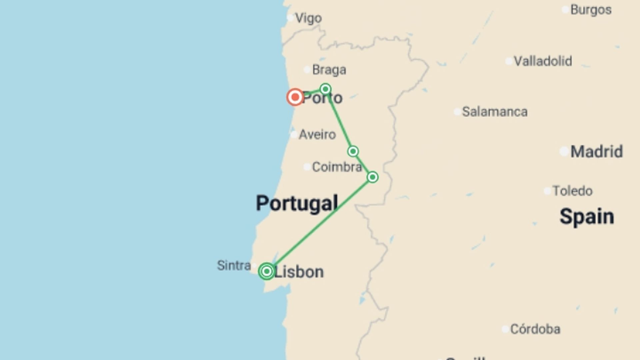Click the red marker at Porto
(295, 97)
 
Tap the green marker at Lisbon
(266, 271)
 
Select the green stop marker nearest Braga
(325, 89)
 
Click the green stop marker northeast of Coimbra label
(353, 151)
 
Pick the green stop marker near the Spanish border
(372, 177)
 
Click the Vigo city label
(308, 18)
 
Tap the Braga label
(329, 70)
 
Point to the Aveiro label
(317, 135)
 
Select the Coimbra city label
(337, 167)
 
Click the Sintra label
(234, 266)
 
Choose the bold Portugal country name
(297, 203)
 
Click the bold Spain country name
(587, 216)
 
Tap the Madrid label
(596, 152)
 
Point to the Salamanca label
(495, 112)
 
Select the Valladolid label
(543, 61)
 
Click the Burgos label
(591, 10)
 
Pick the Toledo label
(572, 191)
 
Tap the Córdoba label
(535, 329)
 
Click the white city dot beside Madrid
(564, 152)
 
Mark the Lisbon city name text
(299, 272)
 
